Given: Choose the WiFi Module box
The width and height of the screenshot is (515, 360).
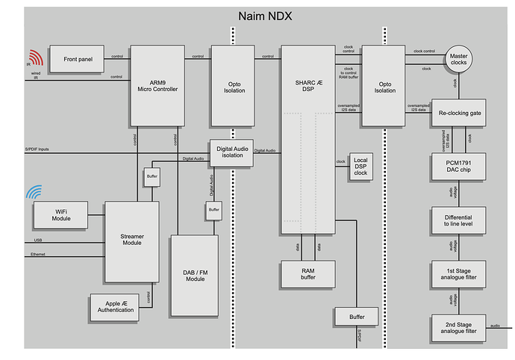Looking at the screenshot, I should pyautogui.click(x=60, y=215).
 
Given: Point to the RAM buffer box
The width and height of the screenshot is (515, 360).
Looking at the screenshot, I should pyautogui.click(x=308, y=273).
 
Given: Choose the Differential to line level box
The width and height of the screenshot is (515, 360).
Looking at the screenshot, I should pyautogui.click(x=458, y=220).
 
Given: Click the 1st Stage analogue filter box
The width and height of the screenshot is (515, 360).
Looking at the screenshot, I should pyautogui.click(x=458, y=274).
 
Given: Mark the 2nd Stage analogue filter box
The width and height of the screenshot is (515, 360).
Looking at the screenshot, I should pyautogui.click(x=458, y=328).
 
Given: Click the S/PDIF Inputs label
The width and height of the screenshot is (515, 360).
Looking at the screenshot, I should pyautogui.click(x=39, y=149).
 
